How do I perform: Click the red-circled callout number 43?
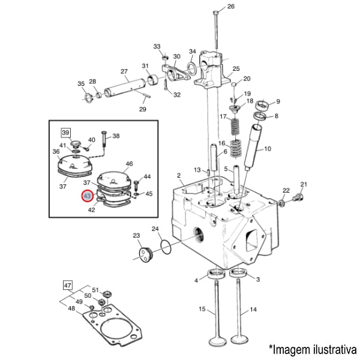(x=87, y=196)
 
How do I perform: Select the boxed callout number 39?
(x=66, y=132)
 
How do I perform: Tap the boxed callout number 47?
(x=68, y=285)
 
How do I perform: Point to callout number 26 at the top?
(x=231, y=7)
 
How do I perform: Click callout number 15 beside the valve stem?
(x=202, y=310)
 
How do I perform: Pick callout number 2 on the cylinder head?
(x=179, y=175)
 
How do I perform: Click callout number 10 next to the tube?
(x=267, y=148)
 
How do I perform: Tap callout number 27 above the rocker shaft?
(x=124, y=72)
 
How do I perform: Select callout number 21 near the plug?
(x=304, y=184)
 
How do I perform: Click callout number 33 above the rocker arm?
(x=157, y=46)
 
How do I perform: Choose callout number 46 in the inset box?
(x=128, y=163)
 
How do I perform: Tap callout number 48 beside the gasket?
(x=71, y=308)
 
